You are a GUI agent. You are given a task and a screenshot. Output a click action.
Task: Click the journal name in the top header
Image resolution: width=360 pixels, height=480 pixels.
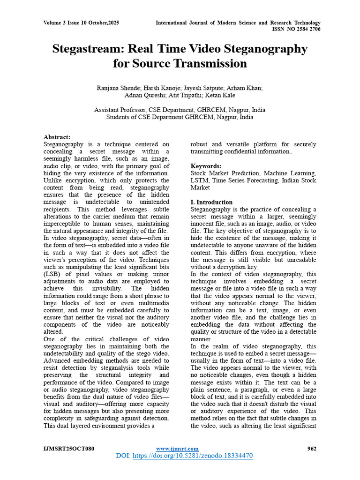[238, 23]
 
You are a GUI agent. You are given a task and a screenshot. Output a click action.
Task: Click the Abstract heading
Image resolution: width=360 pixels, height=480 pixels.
[57, 137]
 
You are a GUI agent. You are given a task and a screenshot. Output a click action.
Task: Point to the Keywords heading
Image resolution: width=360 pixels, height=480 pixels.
[206, 166]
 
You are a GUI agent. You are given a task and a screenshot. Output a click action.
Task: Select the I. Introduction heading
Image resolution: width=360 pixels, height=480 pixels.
[211, 202]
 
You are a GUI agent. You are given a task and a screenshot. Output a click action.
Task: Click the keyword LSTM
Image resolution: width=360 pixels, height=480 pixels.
[199, 180]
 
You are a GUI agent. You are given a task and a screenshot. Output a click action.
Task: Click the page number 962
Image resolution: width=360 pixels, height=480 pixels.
[312, 449]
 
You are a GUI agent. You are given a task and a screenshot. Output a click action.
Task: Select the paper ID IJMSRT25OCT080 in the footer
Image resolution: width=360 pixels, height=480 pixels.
[69, 449]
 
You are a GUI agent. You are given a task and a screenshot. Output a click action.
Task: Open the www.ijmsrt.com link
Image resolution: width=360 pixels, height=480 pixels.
[177, 449]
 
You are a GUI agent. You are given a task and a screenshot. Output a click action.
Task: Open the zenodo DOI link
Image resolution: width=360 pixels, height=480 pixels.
[193, 456]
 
